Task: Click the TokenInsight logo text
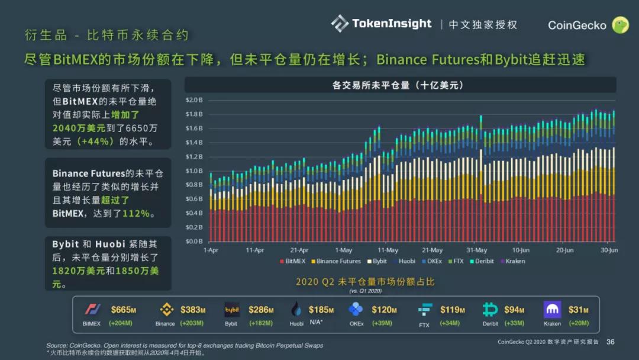pyautogui.click(x=391, y=24)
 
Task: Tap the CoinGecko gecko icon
pyautogui.click(x=619, y=25)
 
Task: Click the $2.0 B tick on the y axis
pyautogui.click(x=194, y=100)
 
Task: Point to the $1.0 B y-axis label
pyautogui.click(x=194, y=171)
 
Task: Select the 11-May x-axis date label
pyautogui.click(x=388, y=250)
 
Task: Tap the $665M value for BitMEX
pyautogui.click(x=123, y=310)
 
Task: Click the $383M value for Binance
pyautogui.click(x=193, y=310)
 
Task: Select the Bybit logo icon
pyautogui.click(x=231, y=310)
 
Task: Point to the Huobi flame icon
pyautogui.click(x=296, y=310)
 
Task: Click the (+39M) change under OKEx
pyautogui.click(x=383, y=323)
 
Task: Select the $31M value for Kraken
pyautogui.click(x=579, y=310)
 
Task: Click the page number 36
pyautogui.click(x=611, y=342)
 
